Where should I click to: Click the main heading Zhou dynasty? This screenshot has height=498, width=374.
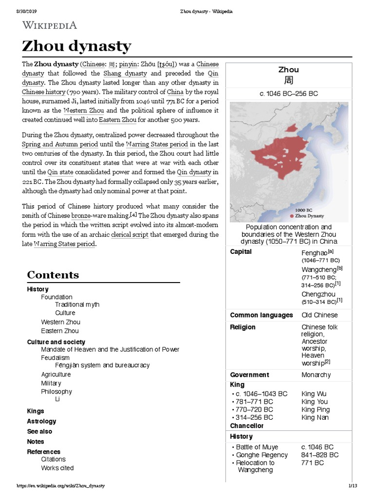76,47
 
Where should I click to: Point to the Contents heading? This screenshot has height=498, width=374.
53,275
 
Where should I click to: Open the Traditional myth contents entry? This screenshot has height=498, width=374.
77,304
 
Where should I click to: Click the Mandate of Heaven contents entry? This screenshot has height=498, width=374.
110,349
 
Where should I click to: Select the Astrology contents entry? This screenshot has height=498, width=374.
41,421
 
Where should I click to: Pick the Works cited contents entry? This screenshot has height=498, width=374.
57,468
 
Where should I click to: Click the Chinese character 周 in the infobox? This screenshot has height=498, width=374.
289,81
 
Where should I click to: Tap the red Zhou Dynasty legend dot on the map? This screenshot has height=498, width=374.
291,215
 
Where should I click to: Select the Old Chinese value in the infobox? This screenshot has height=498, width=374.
319,315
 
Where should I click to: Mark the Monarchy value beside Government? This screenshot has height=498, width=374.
316,374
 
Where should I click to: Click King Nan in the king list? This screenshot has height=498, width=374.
315,417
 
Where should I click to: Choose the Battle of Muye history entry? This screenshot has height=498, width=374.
258,447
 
